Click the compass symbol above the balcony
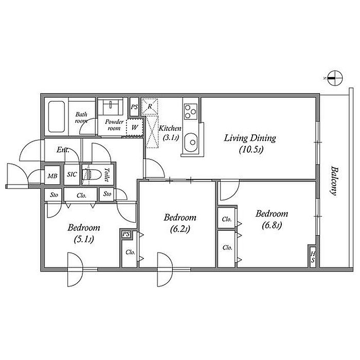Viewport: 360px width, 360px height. tap(335, 78)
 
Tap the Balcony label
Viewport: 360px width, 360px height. tap(334, 181)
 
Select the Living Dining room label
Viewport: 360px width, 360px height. tap(250, 138)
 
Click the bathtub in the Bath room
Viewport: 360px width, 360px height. tap(57, 117)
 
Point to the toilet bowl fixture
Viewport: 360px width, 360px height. tap(92, 175)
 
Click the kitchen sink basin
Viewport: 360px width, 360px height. tap(191, 142)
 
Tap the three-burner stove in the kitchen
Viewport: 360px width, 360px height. tap(191, 112)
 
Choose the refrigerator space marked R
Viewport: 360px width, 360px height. tap(150, 106)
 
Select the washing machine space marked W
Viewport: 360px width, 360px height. tap(135, 127)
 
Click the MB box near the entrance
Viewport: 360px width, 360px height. tap(52, 176)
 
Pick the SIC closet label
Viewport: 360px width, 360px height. tap(72, 174)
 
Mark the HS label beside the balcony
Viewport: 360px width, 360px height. tap(313, 257)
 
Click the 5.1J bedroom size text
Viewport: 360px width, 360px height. tap(83, 240)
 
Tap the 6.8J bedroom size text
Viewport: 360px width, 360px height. tap(272, 225)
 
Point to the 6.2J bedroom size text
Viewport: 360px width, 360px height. tap(180, 229)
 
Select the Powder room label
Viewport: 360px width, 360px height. tap(114, 125)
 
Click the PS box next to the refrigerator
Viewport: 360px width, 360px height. tap(134, 107)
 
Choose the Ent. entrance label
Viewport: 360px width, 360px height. tap(63, 150)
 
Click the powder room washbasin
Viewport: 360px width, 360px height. tap(111, 106)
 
